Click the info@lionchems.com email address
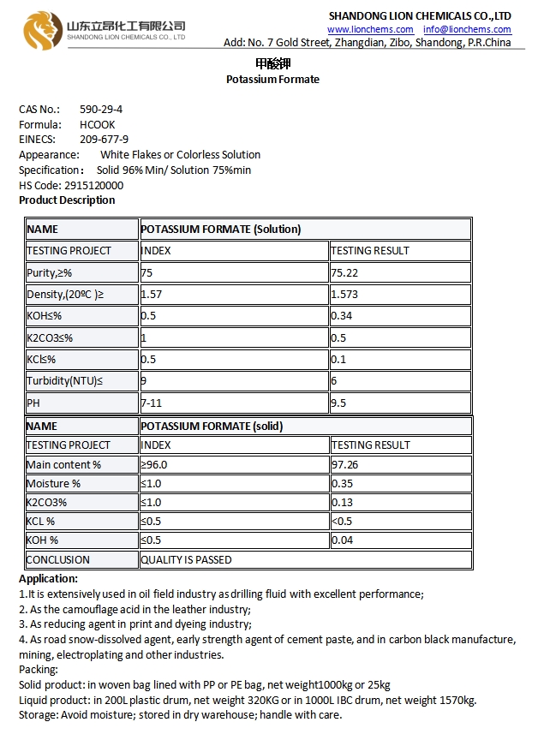tap(467, 29)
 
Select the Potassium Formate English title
tap(272, 80)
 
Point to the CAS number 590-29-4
tap(100, 110)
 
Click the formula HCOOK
tap(97, 124)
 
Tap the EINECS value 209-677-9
tap(104, 139)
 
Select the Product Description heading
tap(67, 200)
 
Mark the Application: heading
tap(48, 579)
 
